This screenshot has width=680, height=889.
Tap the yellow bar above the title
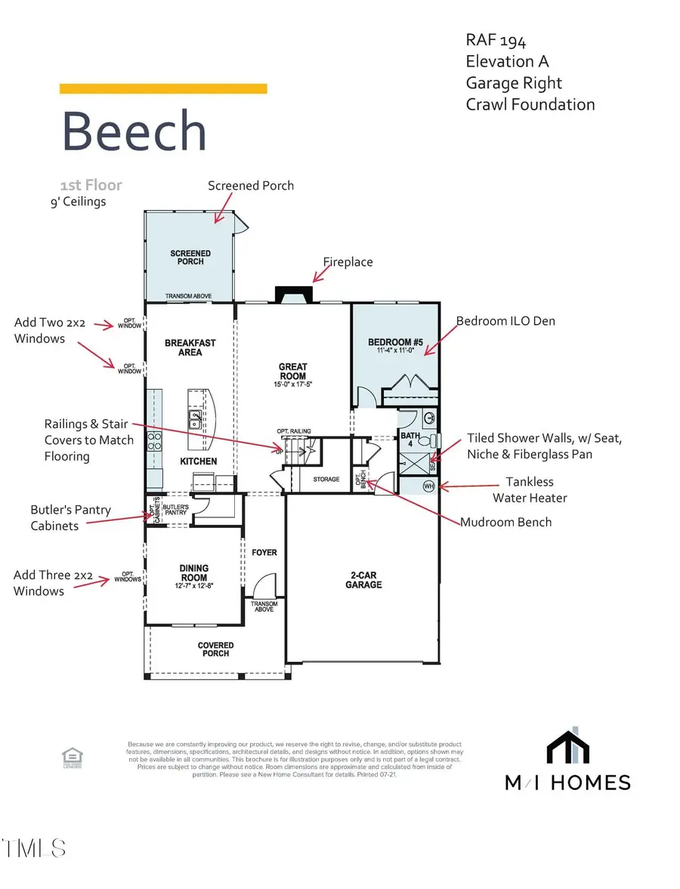tap(163, 88)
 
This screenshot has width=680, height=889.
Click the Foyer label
tap(264, 552)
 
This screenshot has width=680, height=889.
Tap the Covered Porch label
tap(216, 650)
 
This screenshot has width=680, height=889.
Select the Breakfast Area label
tap(190, 347)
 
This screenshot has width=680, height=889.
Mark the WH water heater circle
tap(428, 486)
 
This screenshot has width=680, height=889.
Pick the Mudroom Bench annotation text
tap(506, 522)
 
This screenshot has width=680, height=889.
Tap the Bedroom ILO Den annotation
tap(505, 321)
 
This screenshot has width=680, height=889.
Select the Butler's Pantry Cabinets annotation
tap(70, 517)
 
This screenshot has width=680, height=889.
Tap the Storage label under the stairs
tap(327, 479)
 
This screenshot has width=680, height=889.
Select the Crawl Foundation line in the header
tap(530, 104)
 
